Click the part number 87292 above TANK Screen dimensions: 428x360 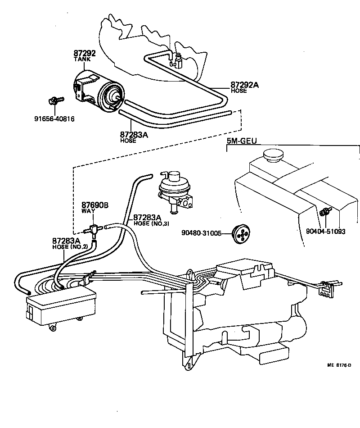tap(85, 53)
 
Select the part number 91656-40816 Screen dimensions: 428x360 tap(54, 119)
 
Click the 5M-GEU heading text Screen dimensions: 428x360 tap(241, 141)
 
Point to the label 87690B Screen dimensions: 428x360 tap(95, 205)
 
